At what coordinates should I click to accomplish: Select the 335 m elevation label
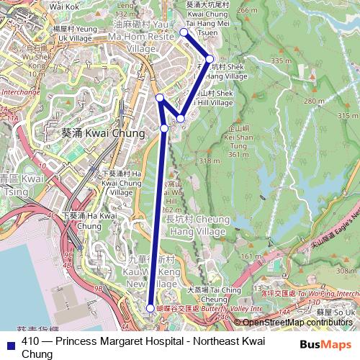(277, 61)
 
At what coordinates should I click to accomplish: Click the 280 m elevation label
(314, 102)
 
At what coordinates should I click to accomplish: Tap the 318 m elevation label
(209, 161)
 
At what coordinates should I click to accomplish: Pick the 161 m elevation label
(251, 256)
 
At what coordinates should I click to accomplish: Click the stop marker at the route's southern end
(150, 307)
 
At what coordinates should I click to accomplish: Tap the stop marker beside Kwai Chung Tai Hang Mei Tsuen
(184, 32)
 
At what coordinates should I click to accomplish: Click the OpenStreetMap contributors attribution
(297, 323)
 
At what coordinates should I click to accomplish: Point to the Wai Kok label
(65, 6)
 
